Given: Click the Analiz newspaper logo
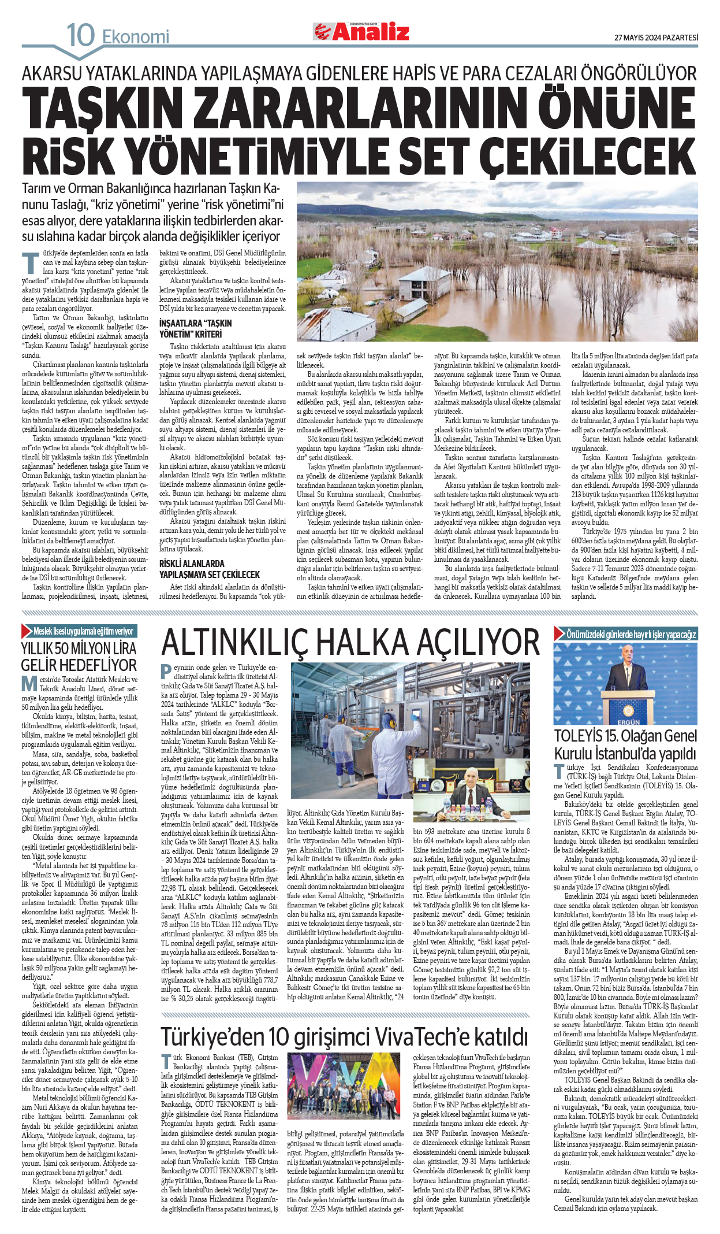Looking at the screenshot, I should click(x=361, y=32).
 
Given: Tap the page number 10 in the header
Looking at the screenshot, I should click(x=80, y=35).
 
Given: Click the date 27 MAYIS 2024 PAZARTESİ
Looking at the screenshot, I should click(x=656, y=38).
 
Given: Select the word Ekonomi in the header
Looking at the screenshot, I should click(x=136, y=38).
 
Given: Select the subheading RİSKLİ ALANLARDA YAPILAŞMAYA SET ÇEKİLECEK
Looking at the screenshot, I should click(x=209, y=569).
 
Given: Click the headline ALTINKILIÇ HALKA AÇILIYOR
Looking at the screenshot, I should click(x=350, y=643).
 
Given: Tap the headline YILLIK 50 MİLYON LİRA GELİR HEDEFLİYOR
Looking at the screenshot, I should click(x=79, y=657).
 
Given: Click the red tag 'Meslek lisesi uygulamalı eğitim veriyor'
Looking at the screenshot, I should click(x=79, y=631).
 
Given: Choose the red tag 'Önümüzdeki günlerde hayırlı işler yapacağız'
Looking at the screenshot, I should click(x=626, y=634).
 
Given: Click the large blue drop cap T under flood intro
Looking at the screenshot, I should click(x=31, y=264).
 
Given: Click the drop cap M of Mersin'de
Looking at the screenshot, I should click(x=29, y=684).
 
